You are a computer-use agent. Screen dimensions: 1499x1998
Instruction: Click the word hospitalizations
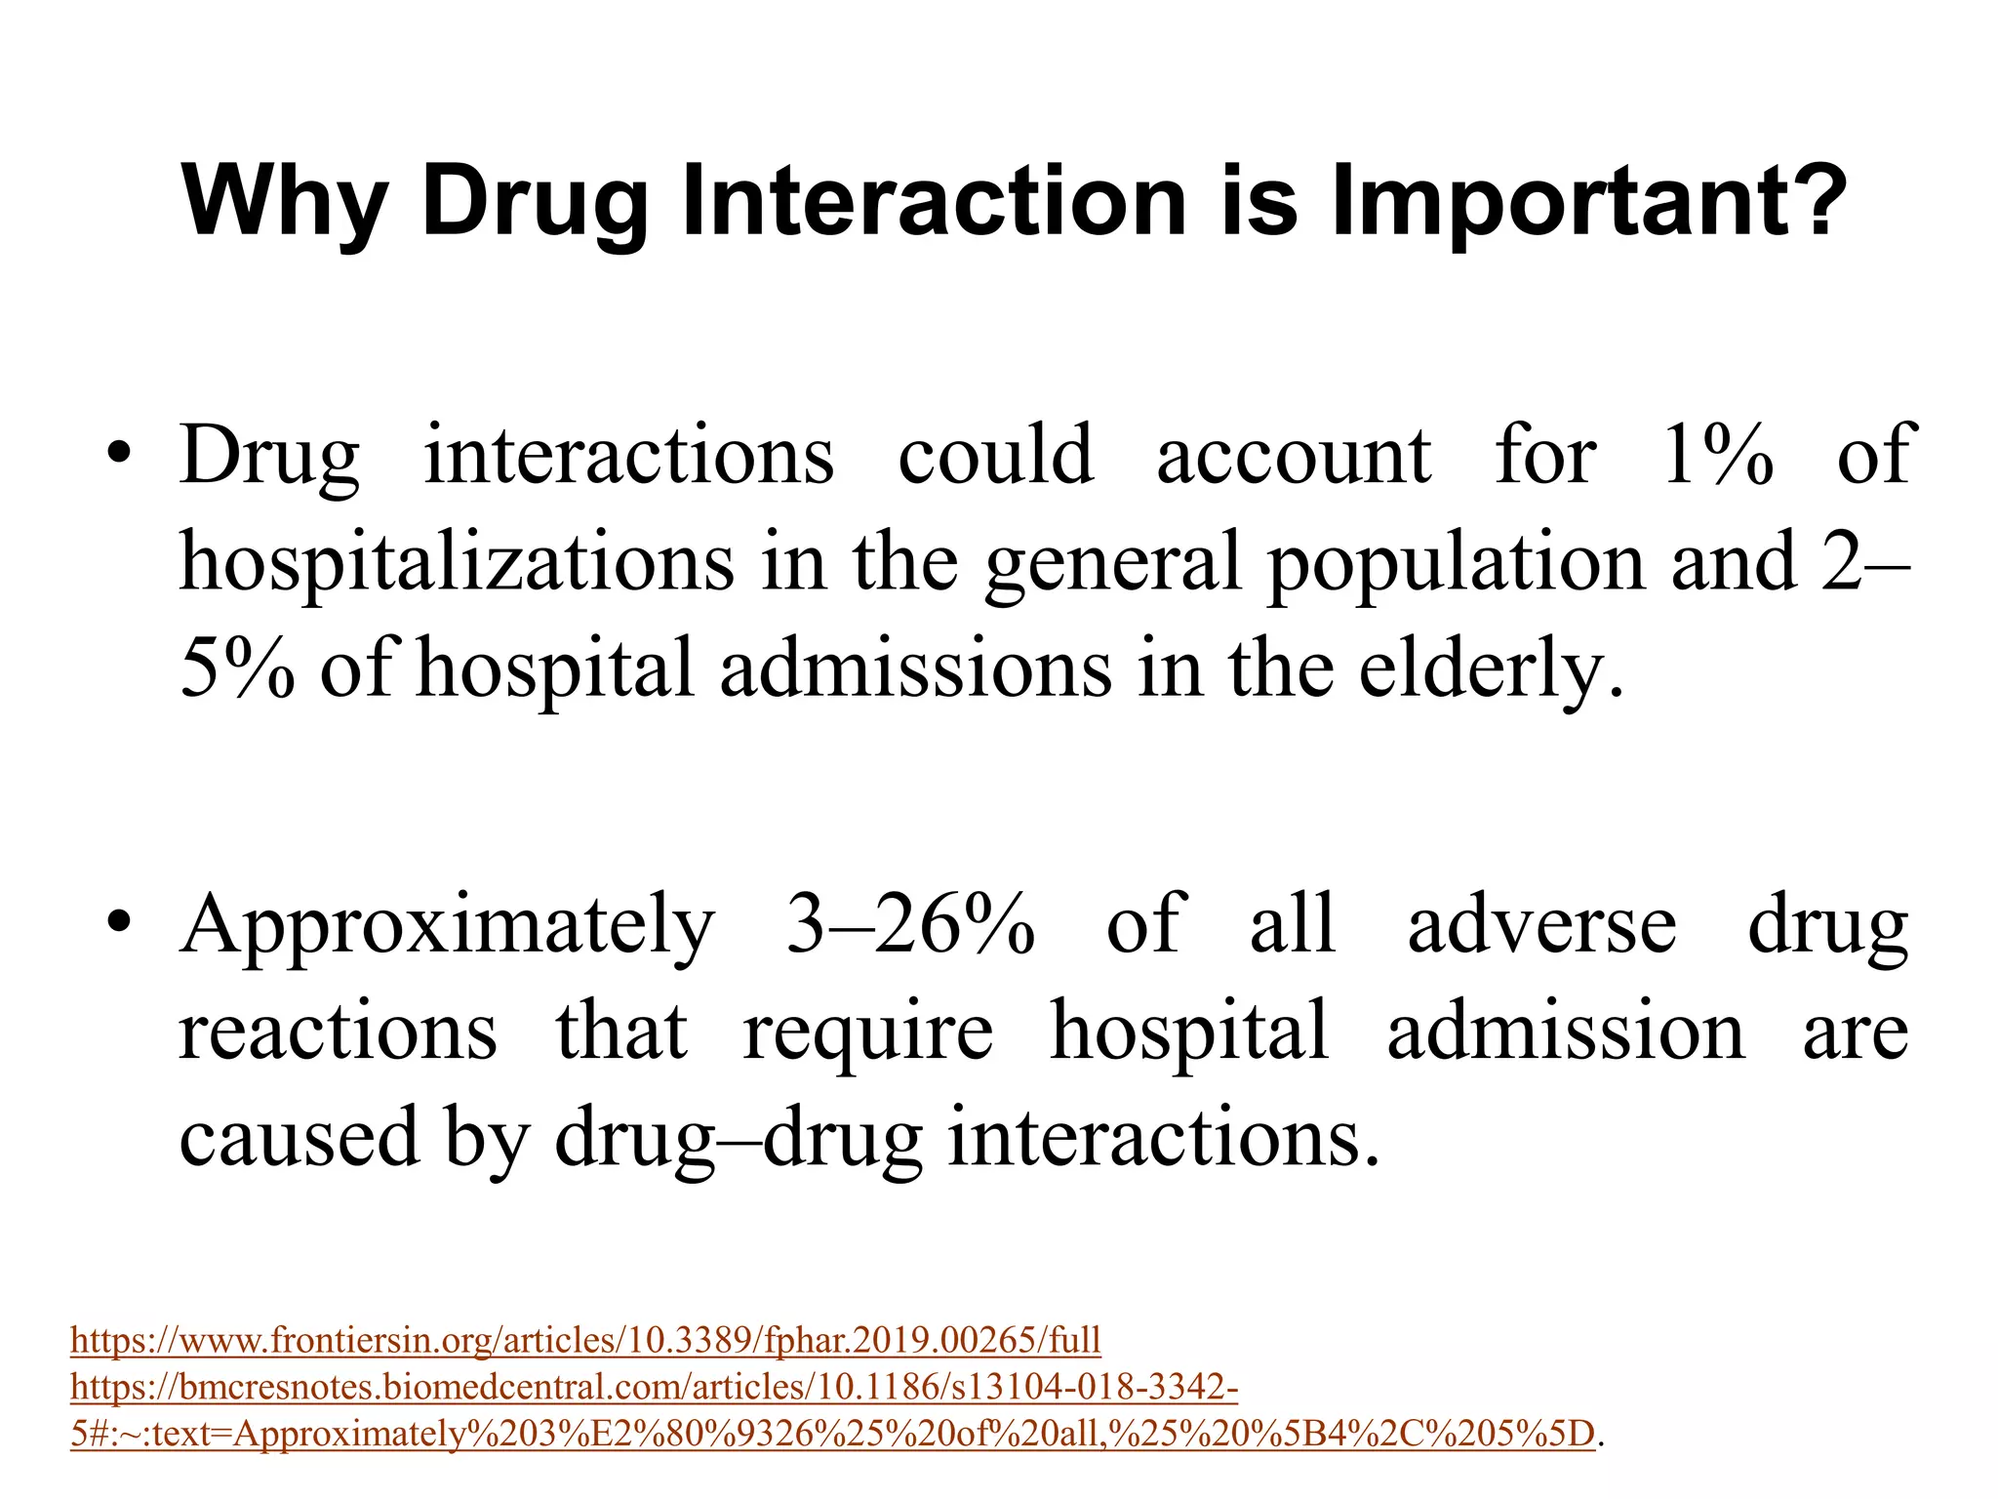[457, 563]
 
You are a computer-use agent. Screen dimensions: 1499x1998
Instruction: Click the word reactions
[338, 1032]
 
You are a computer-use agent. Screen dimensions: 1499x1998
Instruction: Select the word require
[868, 1032]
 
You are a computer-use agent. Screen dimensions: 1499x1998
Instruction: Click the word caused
[299, 1139]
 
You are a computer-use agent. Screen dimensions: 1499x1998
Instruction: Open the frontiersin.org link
[585, 1340]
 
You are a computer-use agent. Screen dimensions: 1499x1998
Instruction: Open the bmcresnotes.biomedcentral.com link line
[654, 1387]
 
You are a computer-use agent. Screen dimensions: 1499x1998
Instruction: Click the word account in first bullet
[1294, 455]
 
